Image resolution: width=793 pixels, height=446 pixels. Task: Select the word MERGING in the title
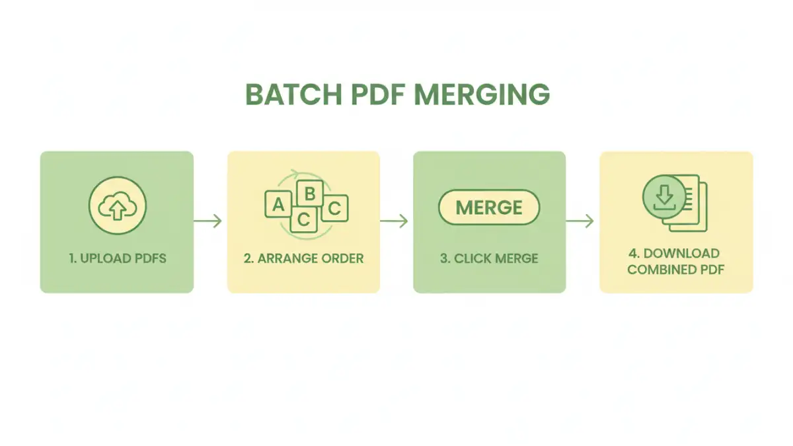tap(482, 95)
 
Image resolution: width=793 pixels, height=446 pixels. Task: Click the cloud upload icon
tap(117, 205)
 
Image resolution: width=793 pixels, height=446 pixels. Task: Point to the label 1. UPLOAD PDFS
tap(117, 258)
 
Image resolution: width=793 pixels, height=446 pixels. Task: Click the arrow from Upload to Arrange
tap(209, 221)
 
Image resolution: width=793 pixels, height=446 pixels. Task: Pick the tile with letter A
tap(278, 205)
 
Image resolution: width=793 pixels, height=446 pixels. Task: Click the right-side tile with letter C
tap(334, 209)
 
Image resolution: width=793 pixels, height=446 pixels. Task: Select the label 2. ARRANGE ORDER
tap(303, 258)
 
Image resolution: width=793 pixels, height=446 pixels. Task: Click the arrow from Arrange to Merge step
tap(395, 221)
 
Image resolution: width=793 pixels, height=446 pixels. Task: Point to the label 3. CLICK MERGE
tap(489, 258)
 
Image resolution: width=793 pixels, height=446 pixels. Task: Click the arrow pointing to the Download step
tap(581, 221)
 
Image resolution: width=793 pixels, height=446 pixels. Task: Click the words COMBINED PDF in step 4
tap(675, 270)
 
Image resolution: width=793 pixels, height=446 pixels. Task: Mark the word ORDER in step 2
tap(341, 258)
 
